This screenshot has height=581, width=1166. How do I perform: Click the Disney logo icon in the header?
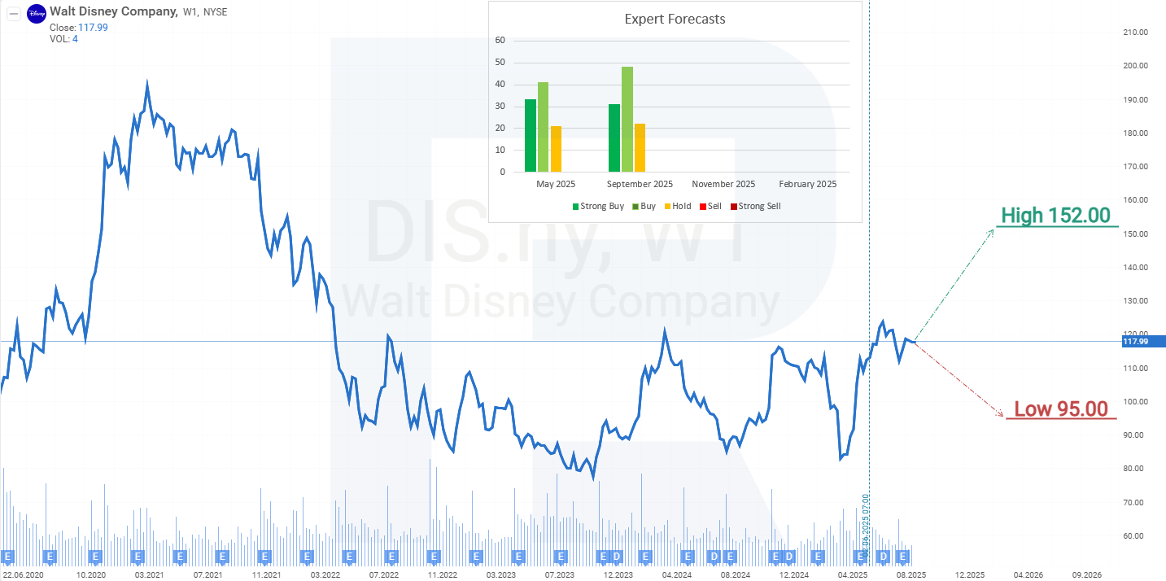pyautogui.click(x=37, y=14)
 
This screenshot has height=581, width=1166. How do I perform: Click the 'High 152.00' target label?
pyautogui.click(x=1055, y=216)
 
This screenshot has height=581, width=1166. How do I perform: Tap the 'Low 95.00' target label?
pyautogui.click(x=1060, y=409)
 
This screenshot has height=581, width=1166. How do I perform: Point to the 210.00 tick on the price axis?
pyautogui.click(x=1134, y=33)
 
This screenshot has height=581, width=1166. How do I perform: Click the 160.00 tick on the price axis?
pyautogui.click(x=1134, y=200)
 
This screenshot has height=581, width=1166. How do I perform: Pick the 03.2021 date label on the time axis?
pyautogui.click(x=150, y=574)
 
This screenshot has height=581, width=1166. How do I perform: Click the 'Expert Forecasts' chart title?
pyautogui.click(x=675, y=19)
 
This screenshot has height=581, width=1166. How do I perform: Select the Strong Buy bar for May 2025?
pyautogui.click(x=531, y=136)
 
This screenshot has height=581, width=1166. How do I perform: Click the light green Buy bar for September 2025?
pyautogui.click(x=627, y=120)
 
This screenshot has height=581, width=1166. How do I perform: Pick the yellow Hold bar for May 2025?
pyautogui.click(x=557, y=149)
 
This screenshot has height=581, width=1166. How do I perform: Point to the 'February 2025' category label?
pyautogui.click(x=807, y=184)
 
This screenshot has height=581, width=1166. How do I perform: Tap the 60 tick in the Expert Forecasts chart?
pyautogui.click(x=500, y=41)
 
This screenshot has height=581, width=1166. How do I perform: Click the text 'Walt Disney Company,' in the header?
pyautogui.click(x=113, y=11)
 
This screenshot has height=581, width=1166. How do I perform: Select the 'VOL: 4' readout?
pyautogui.click(x=63, y=39)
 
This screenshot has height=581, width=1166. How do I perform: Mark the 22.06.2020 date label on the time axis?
pyautogui.click(x=23, y=574)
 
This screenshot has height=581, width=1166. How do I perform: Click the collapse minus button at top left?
pyautogui.click(x=13, y=13)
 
